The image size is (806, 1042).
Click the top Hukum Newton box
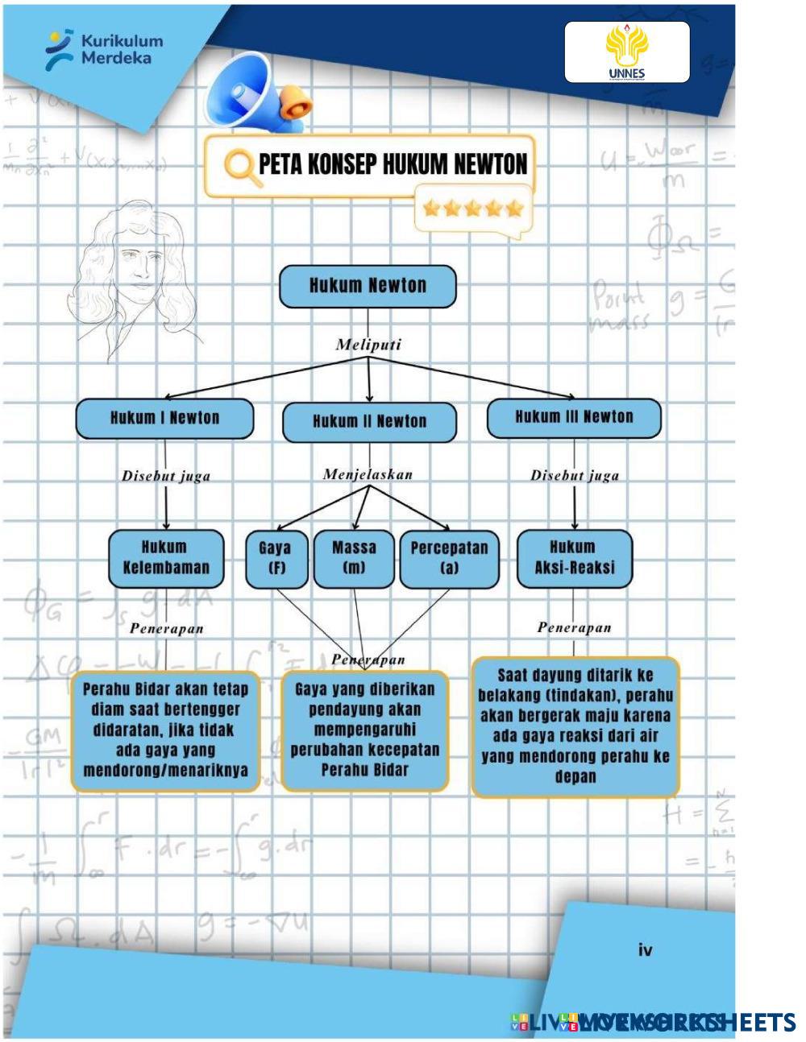tap(368, 287)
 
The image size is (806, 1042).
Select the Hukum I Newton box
tap(164, 418)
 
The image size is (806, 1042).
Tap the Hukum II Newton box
tap(369, 422)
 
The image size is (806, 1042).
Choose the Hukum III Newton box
tap(574, 417)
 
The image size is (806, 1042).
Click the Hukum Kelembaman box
tap(165, 557)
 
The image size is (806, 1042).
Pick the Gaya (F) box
tap(275, 558)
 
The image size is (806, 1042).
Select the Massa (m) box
tap(354, 558)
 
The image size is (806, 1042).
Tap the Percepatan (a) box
tap(449, 558)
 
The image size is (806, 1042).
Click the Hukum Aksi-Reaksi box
tap(574, 558)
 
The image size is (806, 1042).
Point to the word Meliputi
tap(368, 345)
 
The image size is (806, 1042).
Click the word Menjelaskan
tap(368, 474)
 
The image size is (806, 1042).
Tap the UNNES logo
tap(626, 52)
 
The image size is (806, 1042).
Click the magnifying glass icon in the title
tap(239, 167)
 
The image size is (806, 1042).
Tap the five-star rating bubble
tap(473, 209)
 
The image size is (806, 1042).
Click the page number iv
tap(645, 950)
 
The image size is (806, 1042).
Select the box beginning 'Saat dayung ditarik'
tap(575, 726)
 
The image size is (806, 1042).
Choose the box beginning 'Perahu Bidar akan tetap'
tap(165, 730)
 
